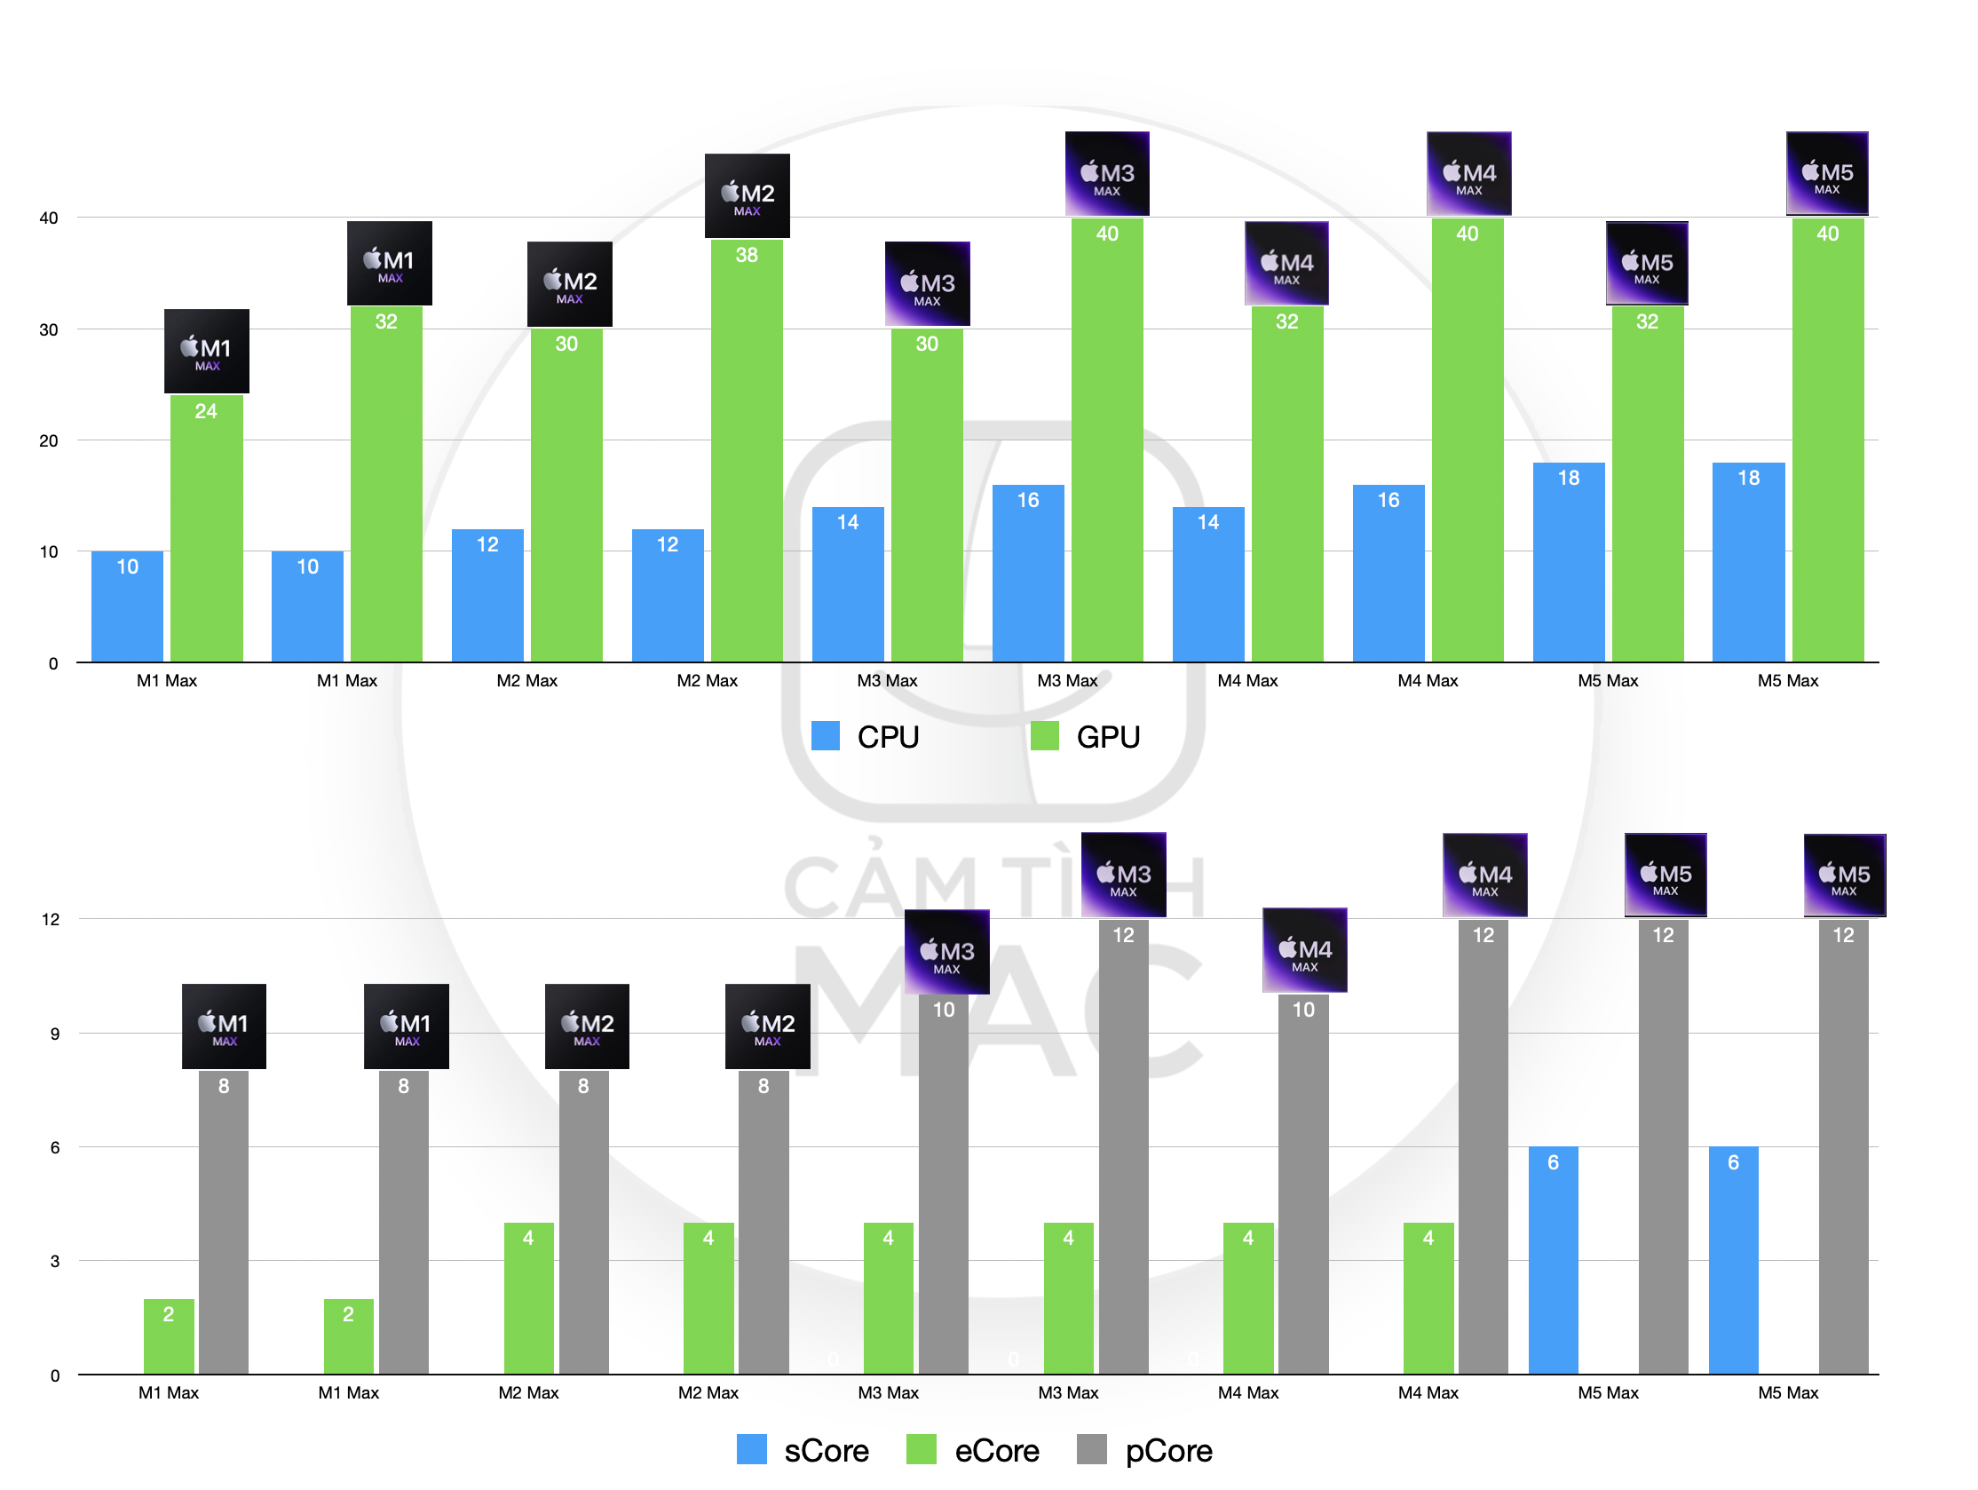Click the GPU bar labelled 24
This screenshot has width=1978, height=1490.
pos(206,528)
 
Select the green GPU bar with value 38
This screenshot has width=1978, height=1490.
pos(747,451)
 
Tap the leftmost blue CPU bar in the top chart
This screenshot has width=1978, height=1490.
pos(127,606)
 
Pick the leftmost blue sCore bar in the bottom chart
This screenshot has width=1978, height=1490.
pos(1554,1260)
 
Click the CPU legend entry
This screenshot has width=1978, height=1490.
pos(865,736)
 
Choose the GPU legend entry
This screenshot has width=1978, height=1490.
pos(1085,736)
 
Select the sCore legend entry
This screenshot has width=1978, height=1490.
pos(802,1450)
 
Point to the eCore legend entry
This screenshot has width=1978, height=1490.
pos(973,1450)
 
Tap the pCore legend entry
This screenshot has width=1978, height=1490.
pos(1144,1450)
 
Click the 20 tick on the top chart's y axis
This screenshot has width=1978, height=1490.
pos(49,441)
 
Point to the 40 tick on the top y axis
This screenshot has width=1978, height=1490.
pos(49,218)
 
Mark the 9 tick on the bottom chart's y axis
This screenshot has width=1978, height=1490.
pos(55,1034)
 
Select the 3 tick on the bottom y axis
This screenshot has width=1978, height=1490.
pos(55,1261)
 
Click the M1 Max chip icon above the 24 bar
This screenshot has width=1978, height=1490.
pos(207,352)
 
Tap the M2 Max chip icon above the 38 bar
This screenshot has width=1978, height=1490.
pos(748,196)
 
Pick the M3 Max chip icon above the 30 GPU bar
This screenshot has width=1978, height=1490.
pos(928,283)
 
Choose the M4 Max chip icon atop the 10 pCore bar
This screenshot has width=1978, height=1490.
pos(1305,950)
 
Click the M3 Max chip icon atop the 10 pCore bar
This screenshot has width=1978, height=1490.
pos(947,952)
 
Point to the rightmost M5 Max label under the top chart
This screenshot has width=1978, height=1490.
pos(1788,680)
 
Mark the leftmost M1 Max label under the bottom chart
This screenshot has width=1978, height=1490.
pos(168,1392)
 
